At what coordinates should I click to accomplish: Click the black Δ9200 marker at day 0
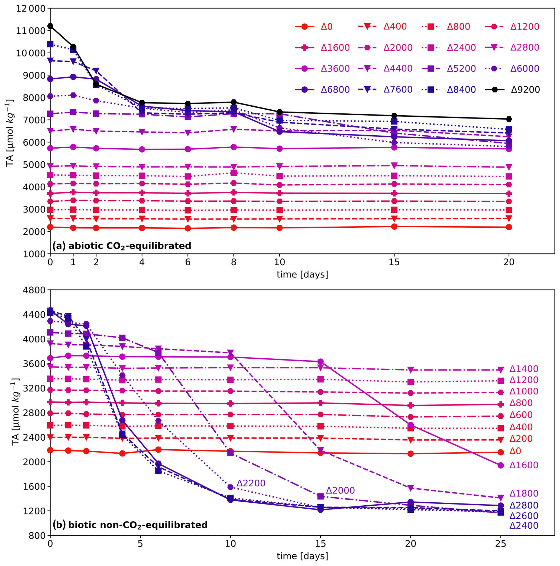click(x=50, y=26)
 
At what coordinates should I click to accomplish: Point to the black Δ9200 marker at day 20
click(x=509, y=119)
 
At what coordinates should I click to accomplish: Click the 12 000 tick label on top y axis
click(x=31, y=8)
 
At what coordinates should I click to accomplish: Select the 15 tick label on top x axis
click(x=394, y=262)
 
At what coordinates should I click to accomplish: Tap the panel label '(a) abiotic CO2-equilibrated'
click(x=122, y=246)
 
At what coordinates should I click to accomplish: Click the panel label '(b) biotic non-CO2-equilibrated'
click(x=130, y=525)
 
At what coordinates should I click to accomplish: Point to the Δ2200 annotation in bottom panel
click(x=251, y=483)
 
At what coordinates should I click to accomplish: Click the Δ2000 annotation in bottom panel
click(x=340, y=490)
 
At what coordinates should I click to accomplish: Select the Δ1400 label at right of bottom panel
click(x=524, y=369)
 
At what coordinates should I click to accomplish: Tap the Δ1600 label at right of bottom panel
click(x=524, y=465)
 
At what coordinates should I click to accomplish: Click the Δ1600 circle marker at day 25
click(x=500, y=465)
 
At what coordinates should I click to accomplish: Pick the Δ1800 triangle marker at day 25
click(x=500, y=498)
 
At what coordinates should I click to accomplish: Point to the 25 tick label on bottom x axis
click(x=500, y=544)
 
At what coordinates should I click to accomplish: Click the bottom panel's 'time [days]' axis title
click(x=302, y=556)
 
